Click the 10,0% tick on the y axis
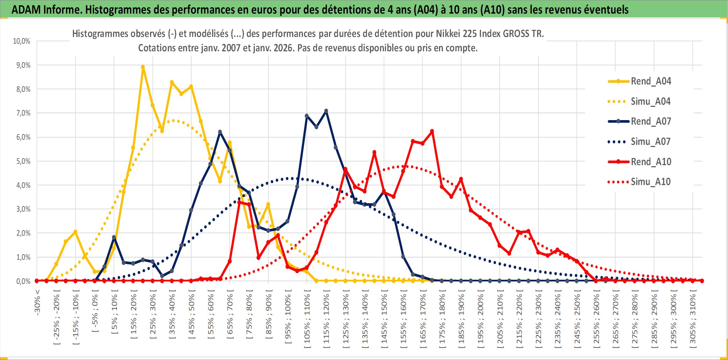point(22,41)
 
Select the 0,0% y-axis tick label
point(23,281)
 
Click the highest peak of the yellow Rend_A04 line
point(143,67)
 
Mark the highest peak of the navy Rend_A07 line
point(326,111)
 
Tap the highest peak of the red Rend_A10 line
point(432,131)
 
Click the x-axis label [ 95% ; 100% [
point(288,319)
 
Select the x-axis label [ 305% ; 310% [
point(692,319)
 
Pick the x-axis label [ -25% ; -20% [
point(57,319)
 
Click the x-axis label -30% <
point(37,302)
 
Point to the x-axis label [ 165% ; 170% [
point(423,319)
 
